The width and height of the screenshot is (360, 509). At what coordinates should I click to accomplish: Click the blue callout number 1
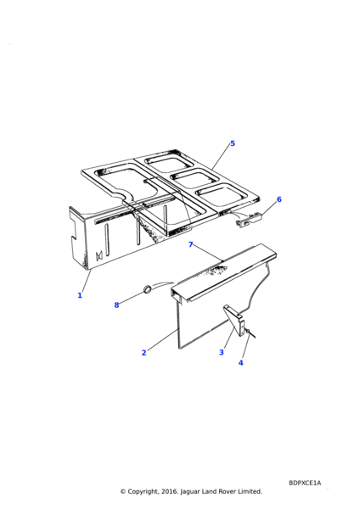[80, 295]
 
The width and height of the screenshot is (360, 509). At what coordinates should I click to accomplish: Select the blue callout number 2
[144, 353]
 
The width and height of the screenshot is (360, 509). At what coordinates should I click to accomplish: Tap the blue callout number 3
[222, 352]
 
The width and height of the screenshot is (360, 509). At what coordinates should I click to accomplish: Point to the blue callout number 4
[241, 362]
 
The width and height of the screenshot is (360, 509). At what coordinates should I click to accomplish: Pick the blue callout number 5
[233, 143]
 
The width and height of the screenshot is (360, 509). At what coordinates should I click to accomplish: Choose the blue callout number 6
[279, 199]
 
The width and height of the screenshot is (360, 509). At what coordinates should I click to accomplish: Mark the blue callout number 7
[191, 244]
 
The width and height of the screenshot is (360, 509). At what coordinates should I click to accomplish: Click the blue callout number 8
[116, 305]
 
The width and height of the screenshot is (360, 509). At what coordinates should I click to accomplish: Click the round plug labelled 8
[148, 288]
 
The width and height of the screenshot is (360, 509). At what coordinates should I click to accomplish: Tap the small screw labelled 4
[250, 333]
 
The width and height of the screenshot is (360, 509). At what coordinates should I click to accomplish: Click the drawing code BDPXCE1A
[305, 483]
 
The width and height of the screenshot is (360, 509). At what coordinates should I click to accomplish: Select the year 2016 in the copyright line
[169, 491]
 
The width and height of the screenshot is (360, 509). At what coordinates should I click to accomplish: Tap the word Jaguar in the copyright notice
[190, 492]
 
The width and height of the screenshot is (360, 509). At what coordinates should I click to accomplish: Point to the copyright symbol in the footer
[123, 492]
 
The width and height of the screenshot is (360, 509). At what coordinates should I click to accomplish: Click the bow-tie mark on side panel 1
[99, 256]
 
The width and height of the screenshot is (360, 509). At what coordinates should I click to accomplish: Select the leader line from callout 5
[221, 158]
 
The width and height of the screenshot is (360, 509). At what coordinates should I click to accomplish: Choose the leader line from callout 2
[162, 339]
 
